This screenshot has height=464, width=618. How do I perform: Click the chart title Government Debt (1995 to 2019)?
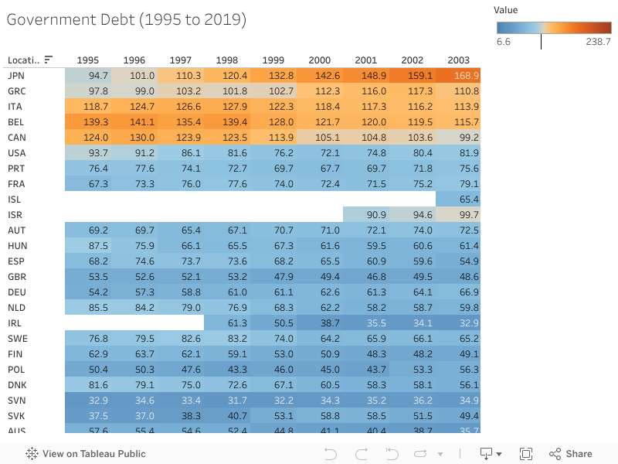tap(127, 20)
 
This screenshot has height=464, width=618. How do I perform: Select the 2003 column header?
tap(458, 60)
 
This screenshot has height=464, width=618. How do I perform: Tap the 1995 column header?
tap(87, 60)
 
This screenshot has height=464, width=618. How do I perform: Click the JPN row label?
tap(16, 76)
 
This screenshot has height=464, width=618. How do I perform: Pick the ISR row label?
tap(16, 215)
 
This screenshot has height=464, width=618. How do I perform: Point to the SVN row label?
tap(16, 401)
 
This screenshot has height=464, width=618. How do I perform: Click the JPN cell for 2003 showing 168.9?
tap(457, 76)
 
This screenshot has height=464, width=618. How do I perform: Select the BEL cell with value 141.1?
tap(134, 122)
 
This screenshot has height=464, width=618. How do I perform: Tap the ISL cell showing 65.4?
tap(457, 200)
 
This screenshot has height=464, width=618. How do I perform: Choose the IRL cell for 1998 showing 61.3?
tap(226, 323)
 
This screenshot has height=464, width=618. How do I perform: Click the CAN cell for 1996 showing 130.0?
tap(134, 138)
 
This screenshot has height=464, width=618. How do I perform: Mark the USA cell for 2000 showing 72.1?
tap(319, 153)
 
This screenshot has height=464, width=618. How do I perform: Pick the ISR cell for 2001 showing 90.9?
tap(365, 215)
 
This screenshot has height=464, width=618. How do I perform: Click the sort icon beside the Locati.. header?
tap(49, 60)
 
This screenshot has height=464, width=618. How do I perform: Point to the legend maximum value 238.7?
tap(598, 42)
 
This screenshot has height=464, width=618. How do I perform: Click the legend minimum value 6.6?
tap(504, 42)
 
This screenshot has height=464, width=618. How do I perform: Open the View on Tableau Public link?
tap(86, 454)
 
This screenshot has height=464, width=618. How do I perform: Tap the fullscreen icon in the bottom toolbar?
tap(526, 454)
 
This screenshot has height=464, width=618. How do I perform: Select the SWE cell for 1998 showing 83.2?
tap(226, 339)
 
